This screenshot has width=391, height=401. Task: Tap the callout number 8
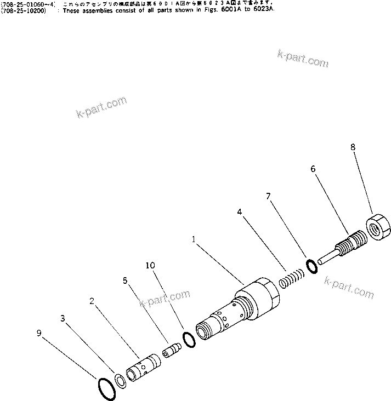point(353,147)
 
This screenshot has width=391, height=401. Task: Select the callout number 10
point(150,266)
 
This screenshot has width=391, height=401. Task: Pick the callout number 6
point(313,169)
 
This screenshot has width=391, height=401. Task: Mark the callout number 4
point(239,210)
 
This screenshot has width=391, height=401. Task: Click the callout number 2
point(92,301)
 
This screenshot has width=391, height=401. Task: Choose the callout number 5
point(125,280)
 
